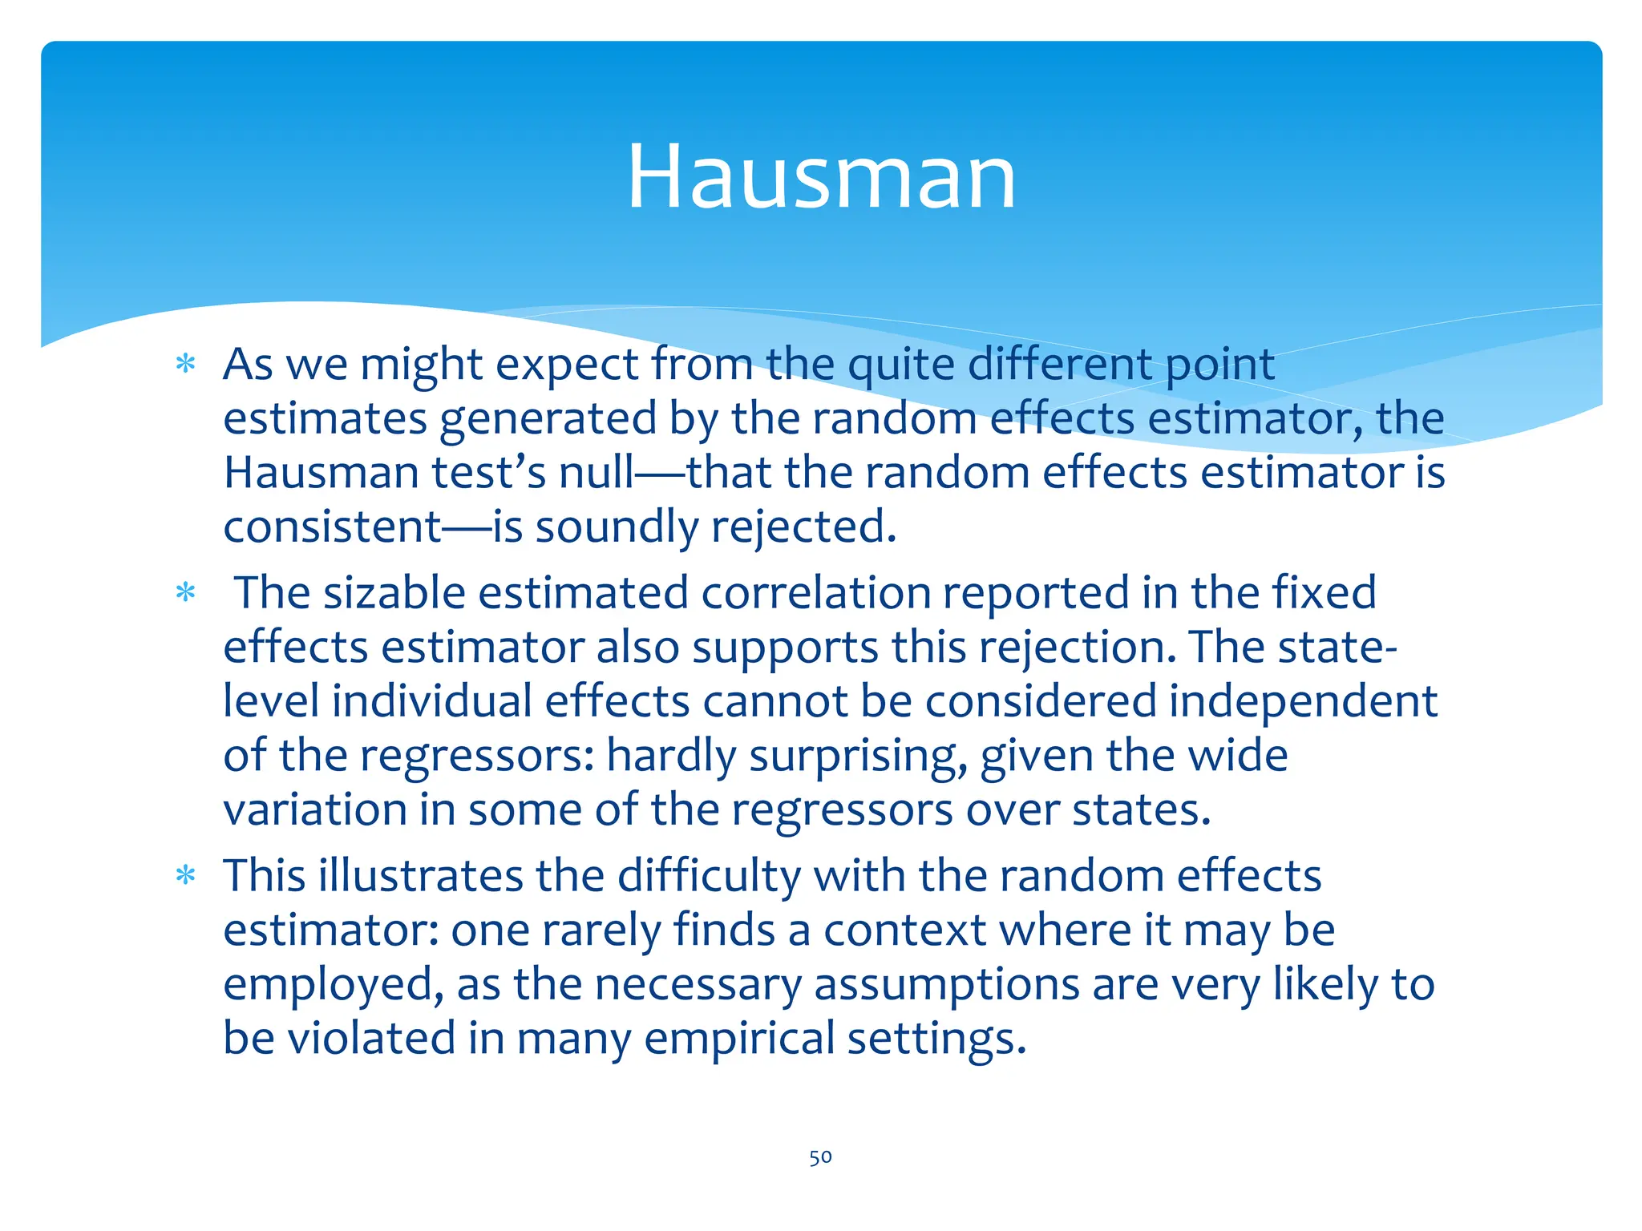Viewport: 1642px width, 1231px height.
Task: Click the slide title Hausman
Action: click(821, 176)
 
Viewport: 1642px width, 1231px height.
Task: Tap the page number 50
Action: click(820, 1157)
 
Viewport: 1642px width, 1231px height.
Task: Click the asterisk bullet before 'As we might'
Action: click(186, 365)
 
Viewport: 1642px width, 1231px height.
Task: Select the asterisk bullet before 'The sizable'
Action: click(186, 593)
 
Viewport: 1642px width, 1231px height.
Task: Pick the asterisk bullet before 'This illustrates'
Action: click(186, 875)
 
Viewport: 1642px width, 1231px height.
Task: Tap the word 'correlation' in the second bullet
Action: click(815, 593)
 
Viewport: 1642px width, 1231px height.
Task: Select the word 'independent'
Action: click(1303, 701)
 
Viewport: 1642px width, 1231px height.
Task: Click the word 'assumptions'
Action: click(947, 984)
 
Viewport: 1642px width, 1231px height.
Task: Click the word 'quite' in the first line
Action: click(901, 365)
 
